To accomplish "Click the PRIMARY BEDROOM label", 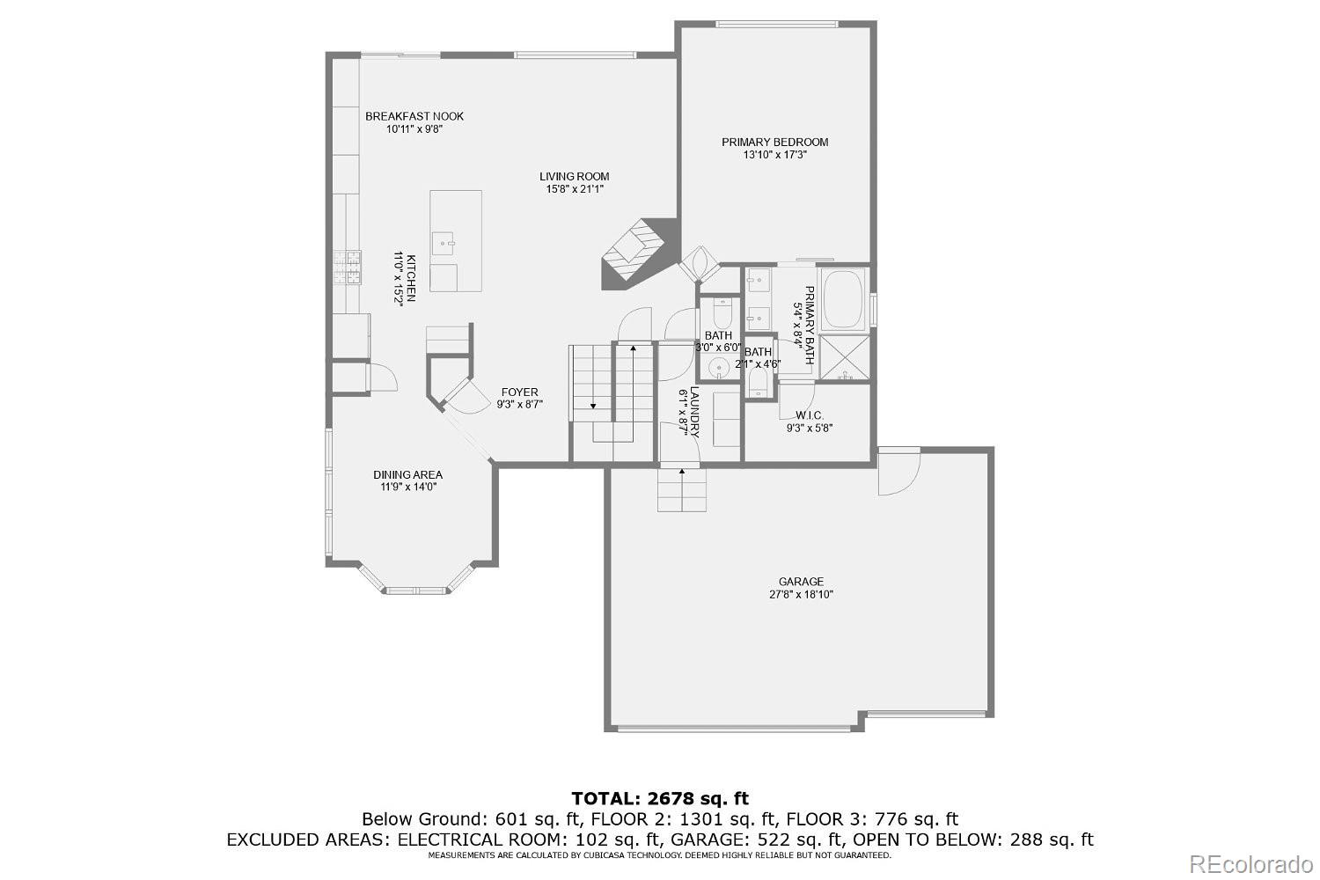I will (774, 142).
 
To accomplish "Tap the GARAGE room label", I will (801, 582).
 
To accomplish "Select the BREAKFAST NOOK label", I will (414, 116).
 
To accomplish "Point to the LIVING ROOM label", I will (574, 176).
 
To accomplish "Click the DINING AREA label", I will (407, 475).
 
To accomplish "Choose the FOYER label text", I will (519, 392).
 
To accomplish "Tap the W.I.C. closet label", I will (809, 415).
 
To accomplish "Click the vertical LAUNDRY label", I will (694, 412).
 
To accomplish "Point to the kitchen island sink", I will (447, 240).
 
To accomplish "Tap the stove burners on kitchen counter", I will (347, 268).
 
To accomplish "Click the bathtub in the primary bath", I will (842, 299).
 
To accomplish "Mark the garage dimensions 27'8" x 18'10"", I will (801, 595).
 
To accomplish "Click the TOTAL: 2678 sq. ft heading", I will (660, 799).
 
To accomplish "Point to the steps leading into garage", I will (682, 490).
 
